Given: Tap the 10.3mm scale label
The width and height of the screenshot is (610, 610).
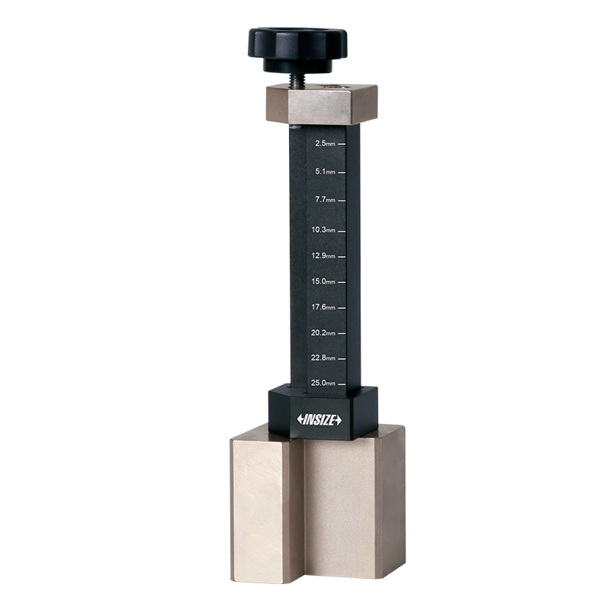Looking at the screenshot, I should tap(323, 229).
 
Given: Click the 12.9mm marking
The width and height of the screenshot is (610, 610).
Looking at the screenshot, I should tap(323, 255).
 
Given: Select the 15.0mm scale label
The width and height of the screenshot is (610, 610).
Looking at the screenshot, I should tap(323, 281).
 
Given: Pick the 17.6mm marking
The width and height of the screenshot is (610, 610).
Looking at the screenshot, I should tap(323, 307).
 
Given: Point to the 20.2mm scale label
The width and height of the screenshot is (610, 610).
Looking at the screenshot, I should tap(323, 332).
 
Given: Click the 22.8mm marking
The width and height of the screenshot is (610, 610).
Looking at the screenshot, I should tap(323, 358).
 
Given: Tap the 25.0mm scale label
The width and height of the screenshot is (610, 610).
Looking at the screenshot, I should tap(323, 383).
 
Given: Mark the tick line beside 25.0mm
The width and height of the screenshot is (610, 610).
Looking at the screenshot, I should tap(342, 383).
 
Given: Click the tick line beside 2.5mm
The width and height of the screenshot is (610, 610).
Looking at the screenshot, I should tap(342, 143).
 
